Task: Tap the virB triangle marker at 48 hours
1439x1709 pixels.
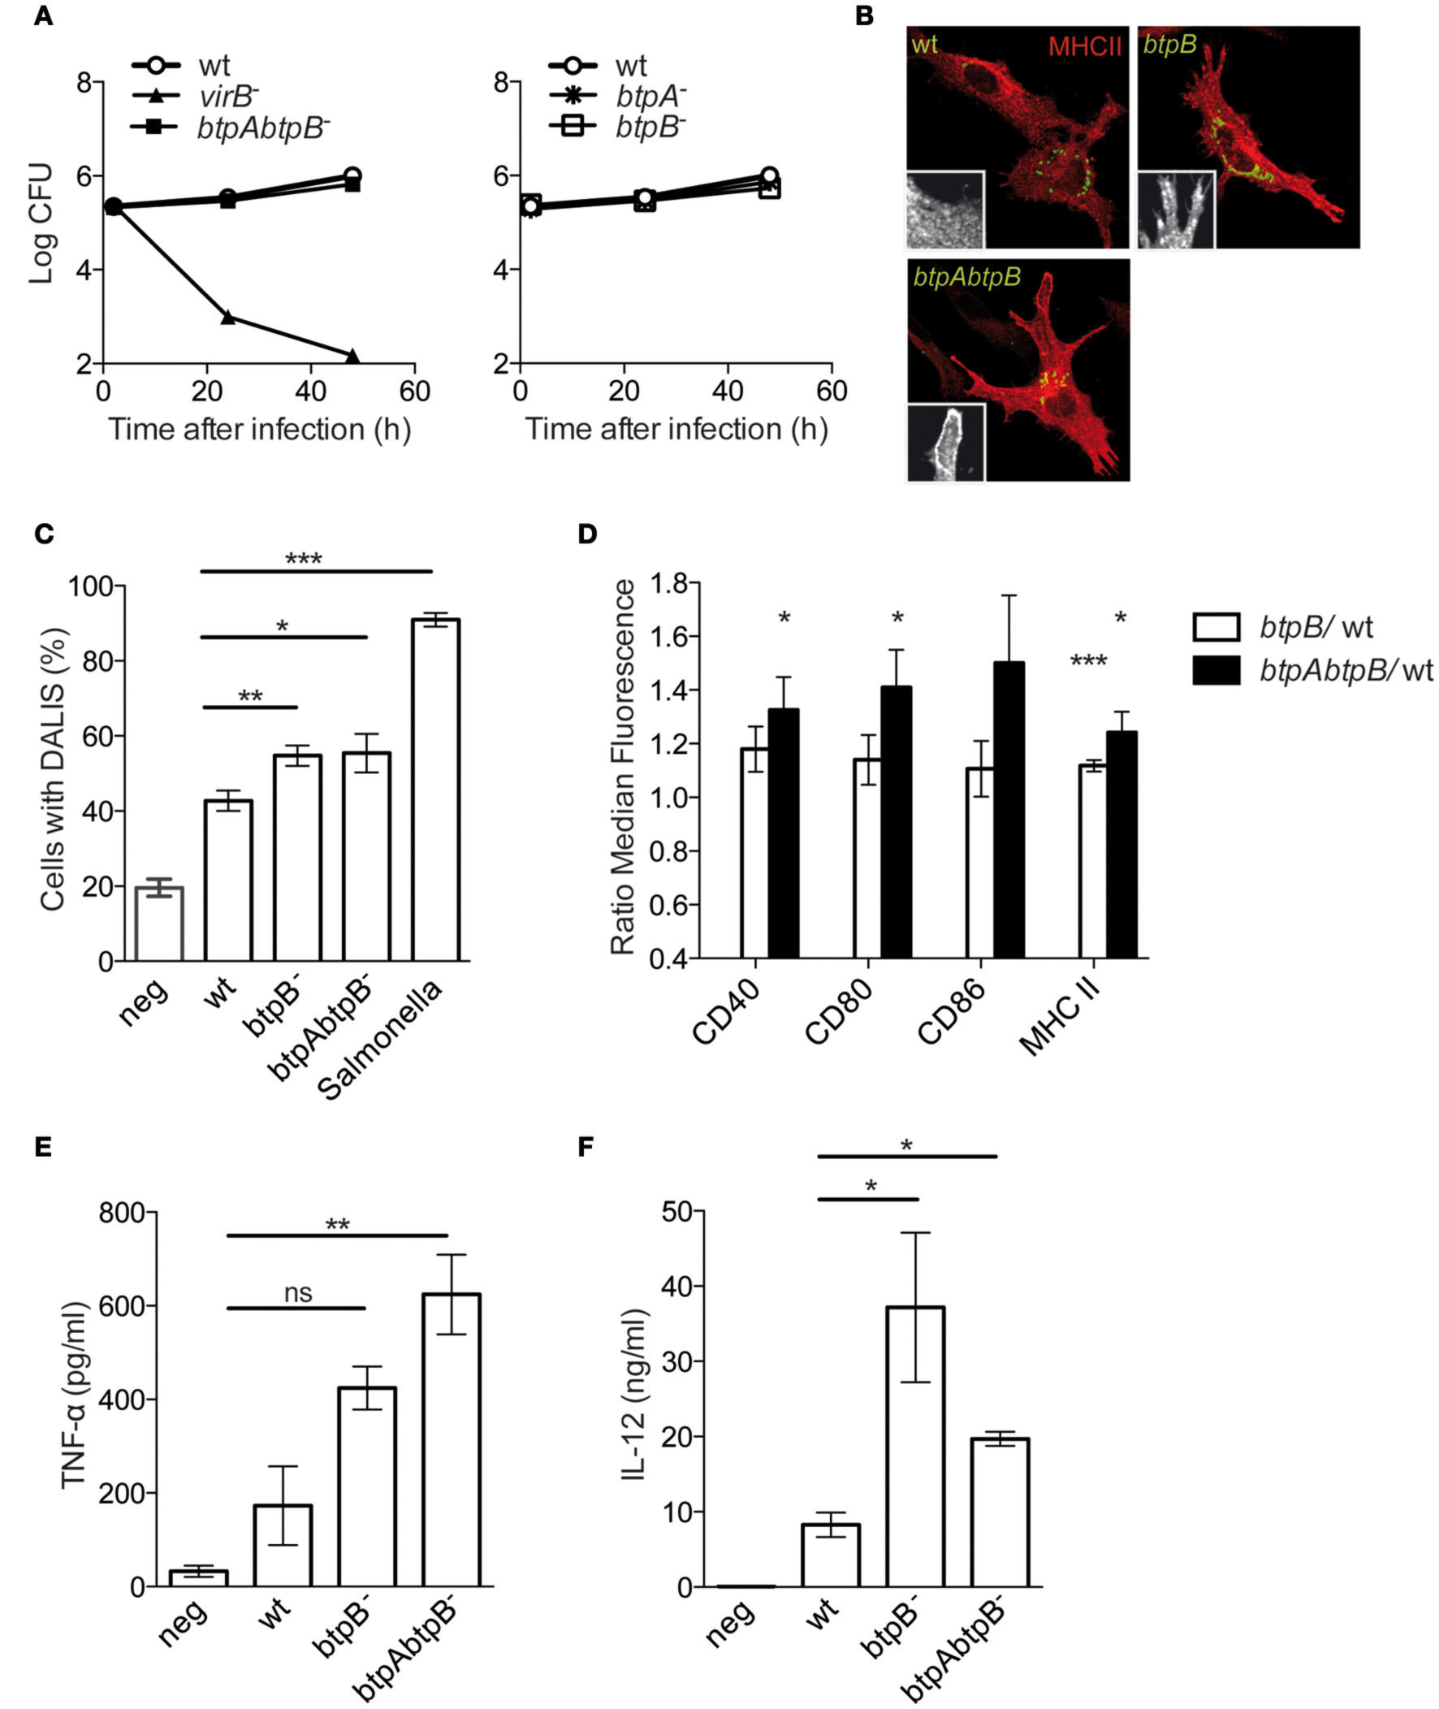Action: pos(352,356)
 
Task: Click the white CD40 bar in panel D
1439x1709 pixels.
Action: pos(754,852)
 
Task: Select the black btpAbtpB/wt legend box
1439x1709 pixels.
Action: pos(1216,670)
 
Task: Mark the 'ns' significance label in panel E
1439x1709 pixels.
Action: pos(298,1293)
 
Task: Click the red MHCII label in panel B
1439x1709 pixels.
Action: pos(1084,46)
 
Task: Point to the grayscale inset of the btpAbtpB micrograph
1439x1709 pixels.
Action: pos(946,442)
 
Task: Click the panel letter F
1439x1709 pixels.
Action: pos(586,1148)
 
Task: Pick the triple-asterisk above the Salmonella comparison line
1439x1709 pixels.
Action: pos(304,560)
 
